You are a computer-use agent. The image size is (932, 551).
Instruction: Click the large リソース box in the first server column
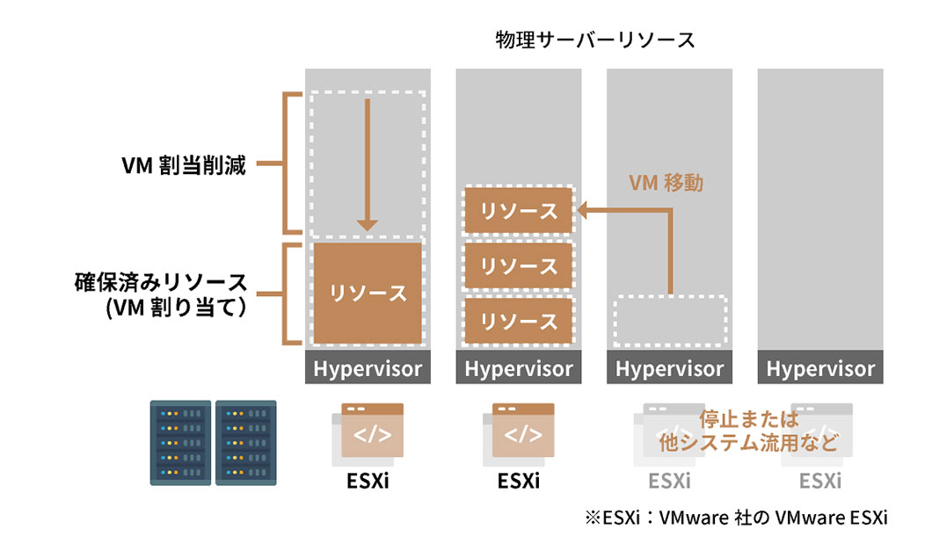pyautogui.click(x=368, y=294)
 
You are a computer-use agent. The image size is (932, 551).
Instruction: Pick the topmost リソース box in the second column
pyautogui.click(x=519, y=211)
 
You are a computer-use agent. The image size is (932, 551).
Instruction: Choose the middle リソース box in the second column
pyautogui.click(x=519, y=266)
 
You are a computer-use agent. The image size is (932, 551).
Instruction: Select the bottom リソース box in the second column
pyautogui.click(x=519, y=321)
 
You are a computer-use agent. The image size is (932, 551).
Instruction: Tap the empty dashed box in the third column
pyautogui.click(x=670, y=321)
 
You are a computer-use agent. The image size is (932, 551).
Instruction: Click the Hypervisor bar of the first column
pyautogui.click(x=368, y=369)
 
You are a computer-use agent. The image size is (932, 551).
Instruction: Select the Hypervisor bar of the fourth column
pyautogui.click(x=820, y=369)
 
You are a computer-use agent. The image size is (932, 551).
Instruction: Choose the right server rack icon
pyautogui.click(x=246, y=442)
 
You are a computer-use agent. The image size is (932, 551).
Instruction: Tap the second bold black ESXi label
pyautogui.click(x=519, y=482)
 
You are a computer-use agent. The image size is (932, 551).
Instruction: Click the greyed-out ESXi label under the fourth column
pyautogui.click(x=820, y=482)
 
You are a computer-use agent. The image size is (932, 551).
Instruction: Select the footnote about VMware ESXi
pyautogui.click(x=735, y=518)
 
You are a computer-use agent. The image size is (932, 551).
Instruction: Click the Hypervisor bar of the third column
pyautogui.click(x=670, y=369)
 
